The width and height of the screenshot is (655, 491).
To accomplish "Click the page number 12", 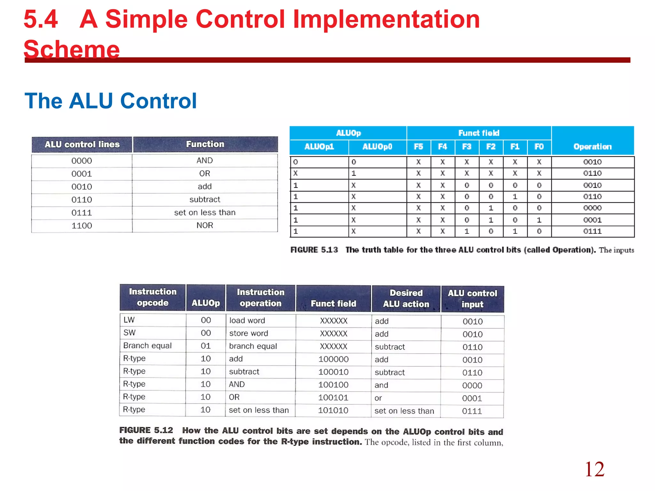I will point(594,469).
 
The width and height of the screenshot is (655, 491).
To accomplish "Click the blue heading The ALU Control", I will point(110,101).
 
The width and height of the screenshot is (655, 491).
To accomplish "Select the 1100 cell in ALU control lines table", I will point(82,226).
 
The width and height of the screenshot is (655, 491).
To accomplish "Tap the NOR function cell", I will point(205,225).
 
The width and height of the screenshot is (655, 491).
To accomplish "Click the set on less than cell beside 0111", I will point(205,213).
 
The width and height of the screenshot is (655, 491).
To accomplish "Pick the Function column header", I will point(205,144).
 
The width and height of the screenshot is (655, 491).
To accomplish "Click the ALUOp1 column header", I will point(319,147).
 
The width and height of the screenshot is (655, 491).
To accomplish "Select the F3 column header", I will point(467,147).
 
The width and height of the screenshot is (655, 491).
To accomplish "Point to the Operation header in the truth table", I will point(592,147).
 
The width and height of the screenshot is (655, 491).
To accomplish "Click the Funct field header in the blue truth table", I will point(478,133).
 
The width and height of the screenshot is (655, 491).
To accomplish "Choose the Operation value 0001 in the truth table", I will point(592,220).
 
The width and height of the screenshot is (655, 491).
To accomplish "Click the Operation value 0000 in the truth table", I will point(592,208).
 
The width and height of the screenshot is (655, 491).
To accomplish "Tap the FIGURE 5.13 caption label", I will point(314,250).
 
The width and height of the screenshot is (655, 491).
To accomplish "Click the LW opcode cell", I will point(129,320).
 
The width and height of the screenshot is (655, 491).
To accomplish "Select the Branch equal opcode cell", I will point(147,346).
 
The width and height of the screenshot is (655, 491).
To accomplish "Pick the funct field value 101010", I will point(333,410).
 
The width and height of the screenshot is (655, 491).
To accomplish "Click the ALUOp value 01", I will point(206,346).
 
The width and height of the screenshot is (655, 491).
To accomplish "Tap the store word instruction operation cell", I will point(249,333).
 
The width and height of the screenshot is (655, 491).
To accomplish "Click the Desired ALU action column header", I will point(406,299).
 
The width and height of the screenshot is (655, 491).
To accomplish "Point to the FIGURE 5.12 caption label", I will point(146,430).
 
